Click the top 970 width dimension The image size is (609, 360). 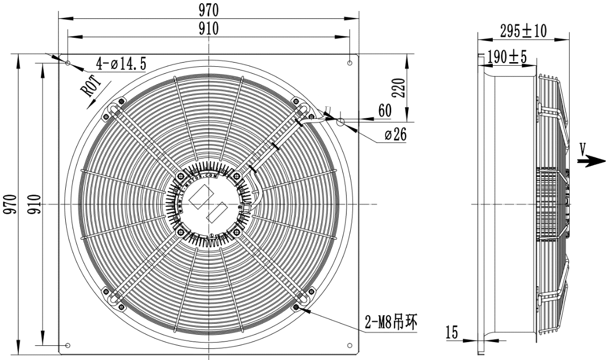point(208,9)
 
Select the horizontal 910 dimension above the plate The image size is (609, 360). point(208,28)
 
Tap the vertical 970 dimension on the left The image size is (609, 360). point(10,204)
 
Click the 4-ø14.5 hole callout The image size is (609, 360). point(121,64)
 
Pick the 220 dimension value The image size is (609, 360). point(400,87)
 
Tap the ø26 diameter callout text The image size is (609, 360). point(395,135)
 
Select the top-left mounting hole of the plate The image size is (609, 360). point(68,63)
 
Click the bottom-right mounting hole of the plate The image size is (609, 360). point(350,345)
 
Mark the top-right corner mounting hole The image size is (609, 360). point(350,63)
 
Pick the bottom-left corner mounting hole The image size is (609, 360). point(68,345)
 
